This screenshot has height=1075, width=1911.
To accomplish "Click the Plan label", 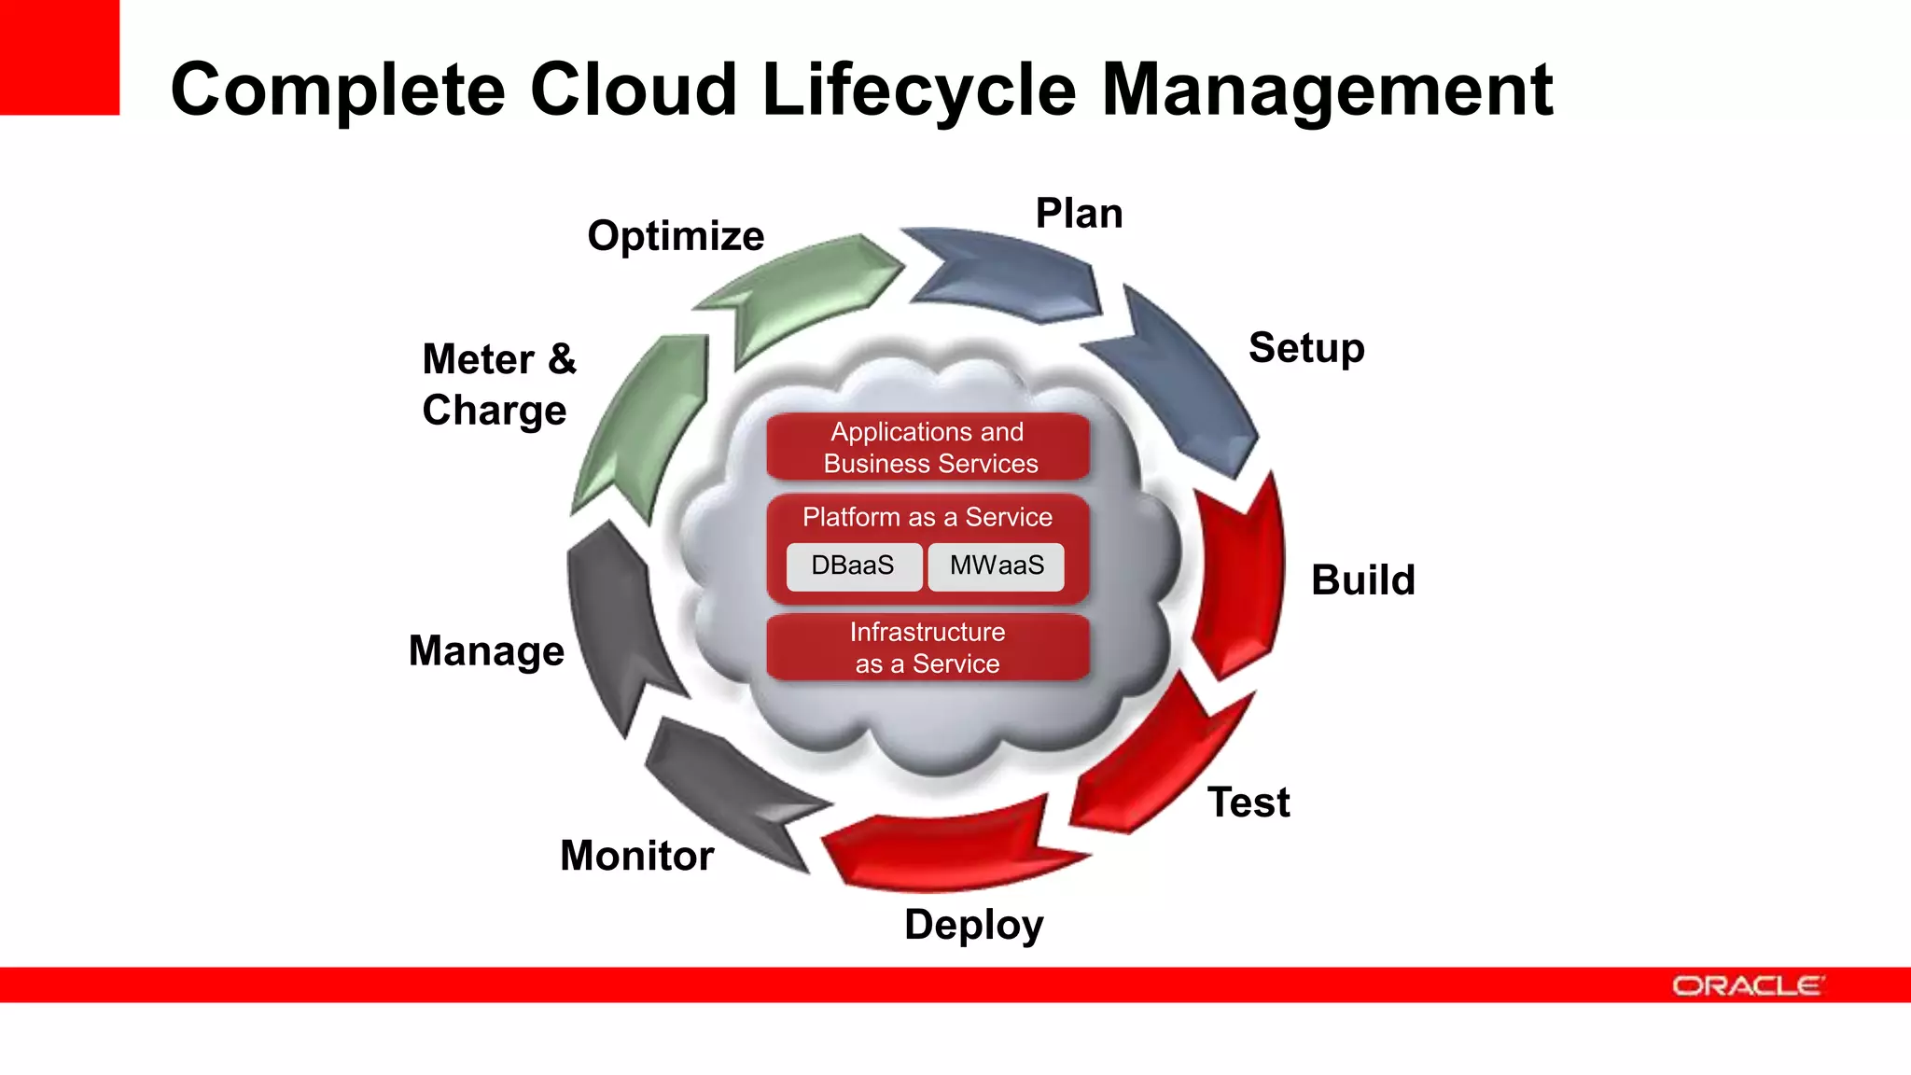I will click(1079, 214).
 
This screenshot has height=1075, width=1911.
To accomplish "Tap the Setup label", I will click(1306, 348).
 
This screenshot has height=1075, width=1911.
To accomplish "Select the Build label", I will click(1362, 579).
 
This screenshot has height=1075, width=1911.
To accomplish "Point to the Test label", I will click(1248, 803).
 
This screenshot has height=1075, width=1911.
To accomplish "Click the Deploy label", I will click(973, 925).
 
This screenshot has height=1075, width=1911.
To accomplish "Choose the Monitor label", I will click(636, 856).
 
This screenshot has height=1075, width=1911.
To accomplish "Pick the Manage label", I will click(486, 650).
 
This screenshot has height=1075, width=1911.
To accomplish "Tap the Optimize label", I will click(676, 236).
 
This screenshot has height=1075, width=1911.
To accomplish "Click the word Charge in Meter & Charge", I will click(494, 411).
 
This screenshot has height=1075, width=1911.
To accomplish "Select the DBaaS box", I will click(853, 565).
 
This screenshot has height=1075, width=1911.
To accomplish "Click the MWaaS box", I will click(997, 565).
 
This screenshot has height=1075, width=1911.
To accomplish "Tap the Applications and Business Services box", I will click(928, 447).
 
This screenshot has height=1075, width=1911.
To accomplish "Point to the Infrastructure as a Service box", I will click(928, 648).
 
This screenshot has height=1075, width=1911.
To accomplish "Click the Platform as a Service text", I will click(928, 517).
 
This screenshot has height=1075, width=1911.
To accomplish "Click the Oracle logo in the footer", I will click(1747, 985).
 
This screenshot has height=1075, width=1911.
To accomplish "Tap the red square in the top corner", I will click(59, 56).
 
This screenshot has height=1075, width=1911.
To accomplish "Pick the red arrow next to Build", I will click(1241, 579).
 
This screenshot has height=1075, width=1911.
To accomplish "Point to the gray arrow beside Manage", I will click(616, 625).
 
